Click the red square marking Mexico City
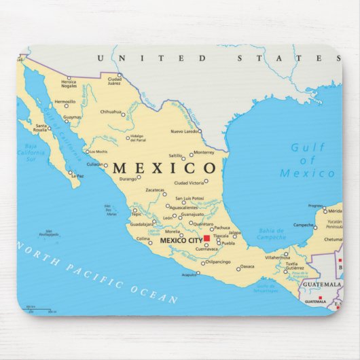206,238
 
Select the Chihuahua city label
110,111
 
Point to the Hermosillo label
65,102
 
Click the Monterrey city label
204,152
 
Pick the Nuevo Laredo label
184,130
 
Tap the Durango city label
128,179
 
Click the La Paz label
79,176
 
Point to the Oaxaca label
247,266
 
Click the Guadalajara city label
141,223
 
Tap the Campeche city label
303,225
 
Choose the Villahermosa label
277,257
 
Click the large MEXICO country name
164,168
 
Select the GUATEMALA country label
319,284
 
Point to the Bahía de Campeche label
271,234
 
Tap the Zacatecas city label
155,190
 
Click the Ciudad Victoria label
189,183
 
